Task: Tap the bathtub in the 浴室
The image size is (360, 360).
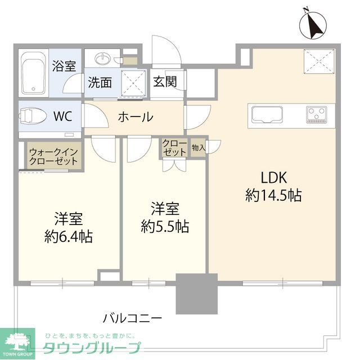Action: (x=33, y=73)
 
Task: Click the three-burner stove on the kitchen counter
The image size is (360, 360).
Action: (x=317, y=115)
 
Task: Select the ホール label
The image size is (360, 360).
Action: (x=135, y=117)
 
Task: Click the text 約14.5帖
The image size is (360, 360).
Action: (x=273, y=195)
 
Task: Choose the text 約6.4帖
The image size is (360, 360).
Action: (x=69, y=235)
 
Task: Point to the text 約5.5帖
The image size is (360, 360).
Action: (x=164, y=226)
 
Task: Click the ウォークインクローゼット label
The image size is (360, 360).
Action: (x=55, y=156)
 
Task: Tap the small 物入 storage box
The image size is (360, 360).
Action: (x=198, y=148)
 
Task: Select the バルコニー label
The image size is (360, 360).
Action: (x=132, y=318)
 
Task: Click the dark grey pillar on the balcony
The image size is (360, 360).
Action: (x=196, y=294)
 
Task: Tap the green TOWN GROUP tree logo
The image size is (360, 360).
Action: (x=17, y=340)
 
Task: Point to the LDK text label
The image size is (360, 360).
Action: (x=273, y=178)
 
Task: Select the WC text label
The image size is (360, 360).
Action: (x=62, y=117)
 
